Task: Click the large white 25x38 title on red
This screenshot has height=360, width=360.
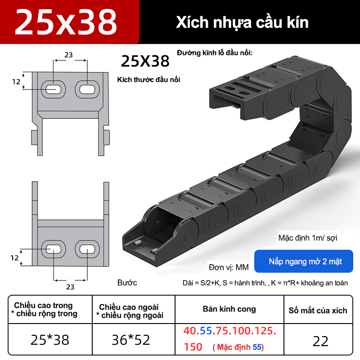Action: click(x=66, y=22)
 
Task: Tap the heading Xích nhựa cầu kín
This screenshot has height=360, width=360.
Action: click(x=242, y=22)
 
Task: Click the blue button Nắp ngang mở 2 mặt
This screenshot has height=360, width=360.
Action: click(x=303, y=261)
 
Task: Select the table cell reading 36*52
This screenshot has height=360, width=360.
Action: click(x=131, y=340)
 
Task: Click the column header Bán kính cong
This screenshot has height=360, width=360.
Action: click(x=229, y=309)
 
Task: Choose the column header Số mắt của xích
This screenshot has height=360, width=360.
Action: click(x=318, y=310)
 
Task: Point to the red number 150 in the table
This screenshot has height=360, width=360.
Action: click(x=193, y=347)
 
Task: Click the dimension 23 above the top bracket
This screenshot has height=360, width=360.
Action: click(x=68, y=55)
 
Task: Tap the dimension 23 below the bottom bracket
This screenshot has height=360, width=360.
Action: click(x=70, y=287)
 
